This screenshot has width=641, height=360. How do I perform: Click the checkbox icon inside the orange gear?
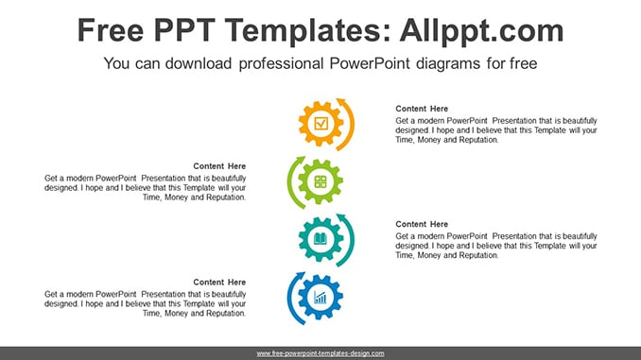click(x=320, y=124)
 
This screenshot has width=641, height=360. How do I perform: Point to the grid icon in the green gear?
click(x=320, y=181)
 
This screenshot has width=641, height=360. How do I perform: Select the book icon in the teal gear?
click(x=320, y=239)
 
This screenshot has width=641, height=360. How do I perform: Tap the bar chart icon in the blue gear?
click(x=320, y=298)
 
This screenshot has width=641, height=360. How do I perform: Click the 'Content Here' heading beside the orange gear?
click(x=422, y=109)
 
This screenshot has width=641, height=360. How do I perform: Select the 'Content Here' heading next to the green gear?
click(x=219, y=166)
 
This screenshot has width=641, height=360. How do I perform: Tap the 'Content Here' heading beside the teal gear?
click(x=422, y=224)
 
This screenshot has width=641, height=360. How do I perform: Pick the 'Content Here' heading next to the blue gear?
click(x=219, y=283)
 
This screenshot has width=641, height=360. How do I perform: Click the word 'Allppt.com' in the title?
click(x=481, y=31)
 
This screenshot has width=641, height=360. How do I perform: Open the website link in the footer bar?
click(x=320, y=353)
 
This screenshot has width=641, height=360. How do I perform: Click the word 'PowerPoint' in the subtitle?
click(x=369, y=63)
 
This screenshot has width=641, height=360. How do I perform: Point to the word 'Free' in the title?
click(x=111, y=30)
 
